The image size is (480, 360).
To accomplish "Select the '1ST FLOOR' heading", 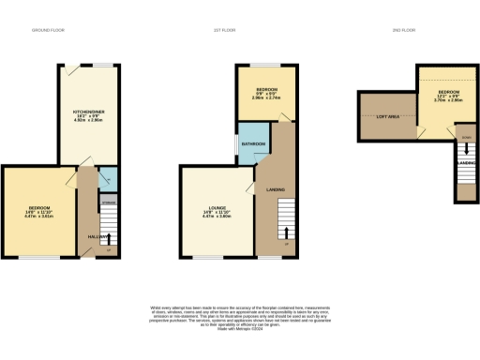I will click(240, 30).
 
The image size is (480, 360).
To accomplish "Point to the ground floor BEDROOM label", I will click(38, 207).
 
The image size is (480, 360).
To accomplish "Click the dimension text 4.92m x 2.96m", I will click(90, 122).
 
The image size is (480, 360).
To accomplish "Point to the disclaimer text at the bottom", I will click(240, 315).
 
